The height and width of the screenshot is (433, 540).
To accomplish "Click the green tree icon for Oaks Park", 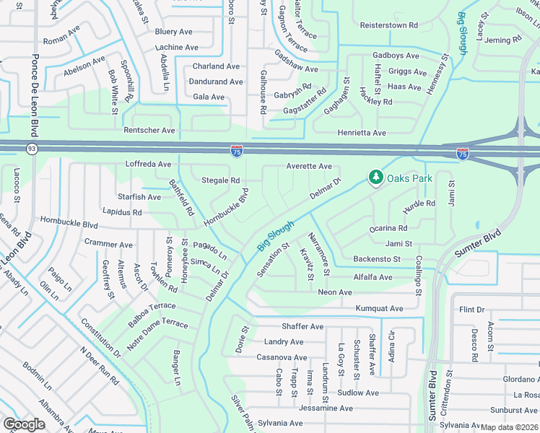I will tap(375, 177).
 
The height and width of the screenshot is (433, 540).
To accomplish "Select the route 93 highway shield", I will tap(32, 149).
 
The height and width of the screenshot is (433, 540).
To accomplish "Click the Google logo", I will tap(25, 424).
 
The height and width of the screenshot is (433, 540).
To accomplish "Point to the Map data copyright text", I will tap(510, 427).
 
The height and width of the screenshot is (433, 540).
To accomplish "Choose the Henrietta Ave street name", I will tap(362, 133).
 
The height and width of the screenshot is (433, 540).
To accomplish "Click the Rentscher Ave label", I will tap(149, 131).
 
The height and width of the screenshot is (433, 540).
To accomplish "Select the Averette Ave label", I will tap(308, 166).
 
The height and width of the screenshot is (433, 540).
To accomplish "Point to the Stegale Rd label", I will tap(220, 180).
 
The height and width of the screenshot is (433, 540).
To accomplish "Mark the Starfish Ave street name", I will tap(139, 197).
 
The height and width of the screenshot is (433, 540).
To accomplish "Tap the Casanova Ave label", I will tap(282, 357).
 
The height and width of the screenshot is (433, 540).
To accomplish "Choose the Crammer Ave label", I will tap(108, 245).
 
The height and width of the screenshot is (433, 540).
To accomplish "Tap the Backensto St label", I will tap(382, 259).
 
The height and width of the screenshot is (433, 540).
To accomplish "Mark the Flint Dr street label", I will tap(472, 310).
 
